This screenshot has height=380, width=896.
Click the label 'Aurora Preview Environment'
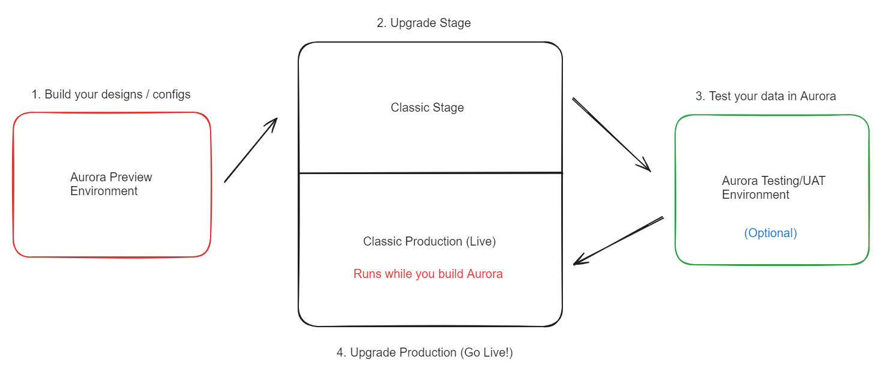(x=111, y=184)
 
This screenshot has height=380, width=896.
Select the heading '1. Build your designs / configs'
(x=111, y=95)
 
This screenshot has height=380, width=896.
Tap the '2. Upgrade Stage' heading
(x=423, y=23)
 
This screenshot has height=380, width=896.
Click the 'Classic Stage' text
(x=427, y=108)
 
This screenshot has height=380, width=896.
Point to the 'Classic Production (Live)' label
(x=429, y=241)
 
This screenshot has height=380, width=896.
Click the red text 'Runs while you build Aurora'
(x=428, y=274)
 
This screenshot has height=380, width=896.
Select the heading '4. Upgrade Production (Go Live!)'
(x=425, y=352)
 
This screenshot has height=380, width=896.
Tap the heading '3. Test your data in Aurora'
(x=766, y=96)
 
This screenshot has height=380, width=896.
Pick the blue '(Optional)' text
(x=771, y=233)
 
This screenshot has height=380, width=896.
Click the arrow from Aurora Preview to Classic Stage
(x=250, y=150)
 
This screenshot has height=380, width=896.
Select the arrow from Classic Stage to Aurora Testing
(x=611, y=134)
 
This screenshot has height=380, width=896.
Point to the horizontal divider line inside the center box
(x=430, y=173)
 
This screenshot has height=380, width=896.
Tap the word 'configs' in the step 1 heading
(x=172, y=95)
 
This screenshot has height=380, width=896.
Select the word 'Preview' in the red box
(x=131, y=178)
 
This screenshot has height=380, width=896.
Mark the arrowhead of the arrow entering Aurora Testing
(x=646, y=166)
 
